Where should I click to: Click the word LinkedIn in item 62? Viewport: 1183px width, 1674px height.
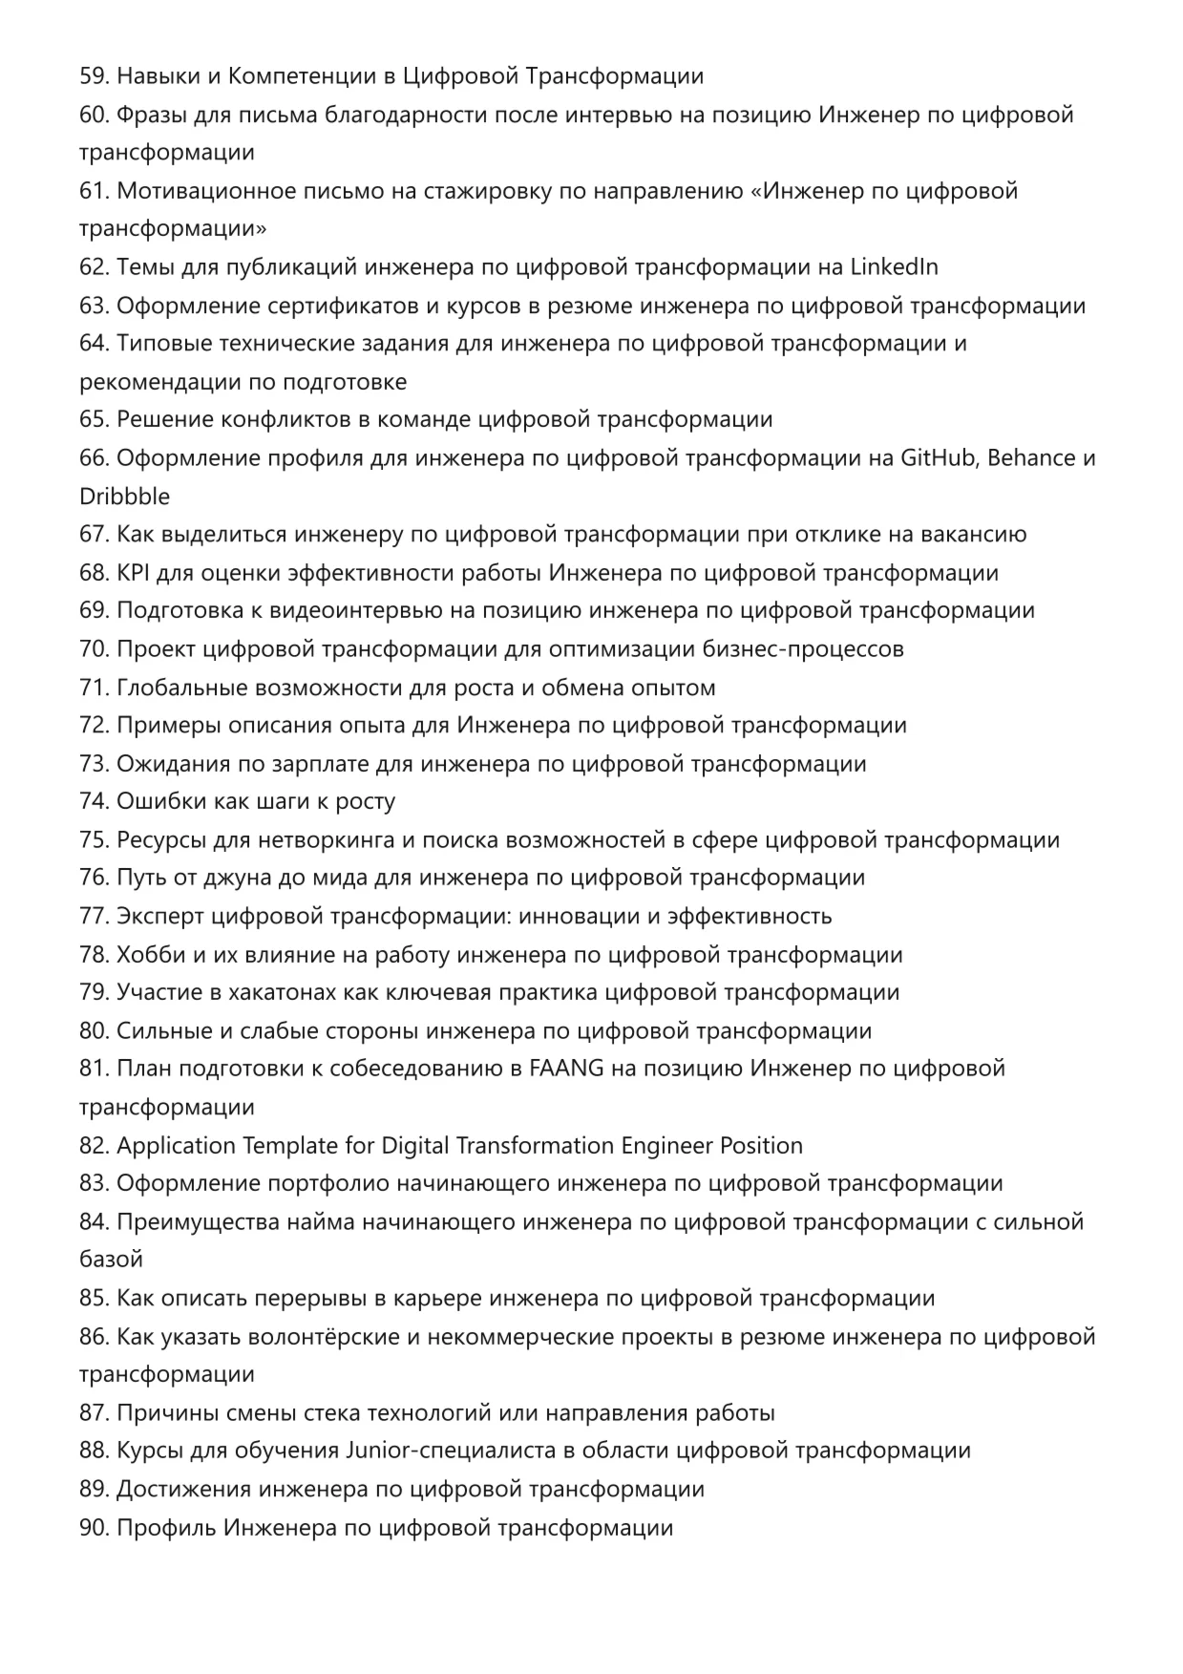tap(894, 267)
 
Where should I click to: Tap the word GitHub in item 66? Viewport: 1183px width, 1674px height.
tap(938, 458)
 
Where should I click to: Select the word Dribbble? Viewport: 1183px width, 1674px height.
tap(124, 497)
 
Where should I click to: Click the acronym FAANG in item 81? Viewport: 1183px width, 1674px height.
tap(566, 1069)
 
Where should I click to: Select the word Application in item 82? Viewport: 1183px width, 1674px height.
tap(176, 1145)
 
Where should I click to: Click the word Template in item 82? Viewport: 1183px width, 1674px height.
tap(290, 1145)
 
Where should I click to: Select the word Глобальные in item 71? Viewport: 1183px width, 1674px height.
tap(180, 688)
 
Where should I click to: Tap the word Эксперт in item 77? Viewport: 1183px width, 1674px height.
tap(159, 916)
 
